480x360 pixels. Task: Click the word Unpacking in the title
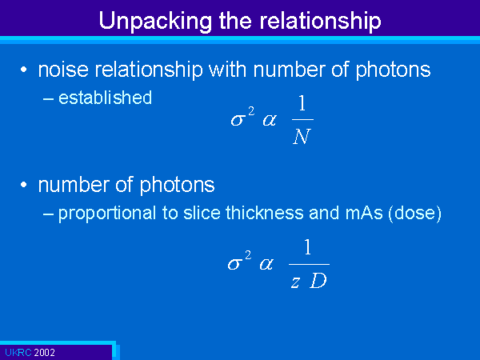click(155, 21)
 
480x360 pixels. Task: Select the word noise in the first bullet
click(63, 70)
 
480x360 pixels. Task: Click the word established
click(105, 98)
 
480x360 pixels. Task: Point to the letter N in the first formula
click(302, 136)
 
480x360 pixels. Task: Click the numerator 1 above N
click(302, 103)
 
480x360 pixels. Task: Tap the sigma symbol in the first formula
click(238, 119)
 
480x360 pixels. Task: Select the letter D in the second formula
click(318, 281)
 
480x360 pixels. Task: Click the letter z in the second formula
click(295, 282)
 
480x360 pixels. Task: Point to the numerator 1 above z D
click(308, 247)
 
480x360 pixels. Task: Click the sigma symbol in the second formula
click(235, 263)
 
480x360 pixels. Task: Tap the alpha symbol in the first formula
click(270, 120)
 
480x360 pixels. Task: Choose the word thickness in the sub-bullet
click(265, 213)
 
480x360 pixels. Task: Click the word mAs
click(364, 213)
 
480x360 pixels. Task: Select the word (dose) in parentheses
click(414, 214)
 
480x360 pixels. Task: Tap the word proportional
click(107, 214)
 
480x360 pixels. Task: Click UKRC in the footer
click(18, 353)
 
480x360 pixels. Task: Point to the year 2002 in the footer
click(44, 353)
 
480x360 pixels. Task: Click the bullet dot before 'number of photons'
click(23, 185)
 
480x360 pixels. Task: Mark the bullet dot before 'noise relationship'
click(23, 70)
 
